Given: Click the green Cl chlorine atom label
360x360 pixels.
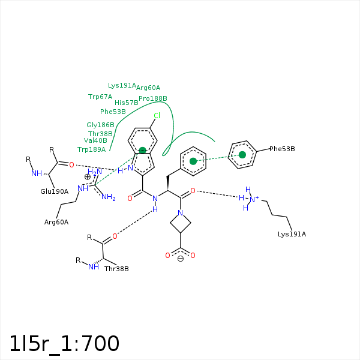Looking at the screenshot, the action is pyautogui.click(x=157, y=115).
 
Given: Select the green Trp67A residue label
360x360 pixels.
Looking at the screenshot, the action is pyautogui.click(x=100, y=97).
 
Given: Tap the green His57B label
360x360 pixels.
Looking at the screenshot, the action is pyautogui.click(x=127, y=103).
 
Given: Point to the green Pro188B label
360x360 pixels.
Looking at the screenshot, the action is pyautogui.click(x=153, y=98).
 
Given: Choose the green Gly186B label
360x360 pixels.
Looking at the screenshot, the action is pyautogui.click(x=100, y=125).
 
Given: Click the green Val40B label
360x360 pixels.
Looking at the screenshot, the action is pyautogui.click(x=95, y=140).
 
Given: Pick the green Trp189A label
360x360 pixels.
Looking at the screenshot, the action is pyautogui.click(x=91, y=149).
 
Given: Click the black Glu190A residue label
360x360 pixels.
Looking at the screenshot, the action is pyautogui.click(x=55, y=191).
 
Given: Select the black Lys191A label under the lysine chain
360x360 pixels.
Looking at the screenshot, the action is pyautogui.click(x=292, y=234).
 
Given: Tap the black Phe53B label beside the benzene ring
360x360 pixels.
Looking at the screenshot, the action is pyautogui.click(x=282, y=149).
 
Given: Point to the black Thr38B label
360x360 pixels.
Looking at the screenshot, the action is pyautogui.click(x=116, y=269).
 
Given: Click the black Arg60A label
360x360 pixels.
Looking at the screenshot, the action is pyautogui.click(x=56, y=222).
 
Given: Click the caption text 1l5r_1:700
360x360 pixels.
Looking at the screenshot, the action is pyautogui.click(x=64, y=344).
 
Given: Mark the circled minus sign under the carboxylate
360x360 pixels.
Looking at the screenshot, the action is pyautogui.click(x=181, y=259).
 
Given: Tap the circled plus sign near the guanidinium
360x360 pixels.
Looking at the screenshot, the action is pyautogui.click(x=87, y=177).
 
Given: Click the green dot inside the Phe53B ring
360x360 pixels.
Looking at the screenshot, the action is pyautogui.click(x=242, y=155).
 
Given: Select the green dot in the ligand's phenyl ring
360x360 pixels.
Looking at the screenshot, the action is pyautogui.click(x=193, y=161).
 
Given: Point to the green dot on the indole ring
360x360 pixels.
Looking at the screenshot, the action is pyautogui.click(x=143, y=151).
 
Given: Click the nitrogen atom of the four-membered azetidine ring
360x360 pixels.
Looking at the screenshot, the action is pyautogui.click(x=181, y=213).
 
